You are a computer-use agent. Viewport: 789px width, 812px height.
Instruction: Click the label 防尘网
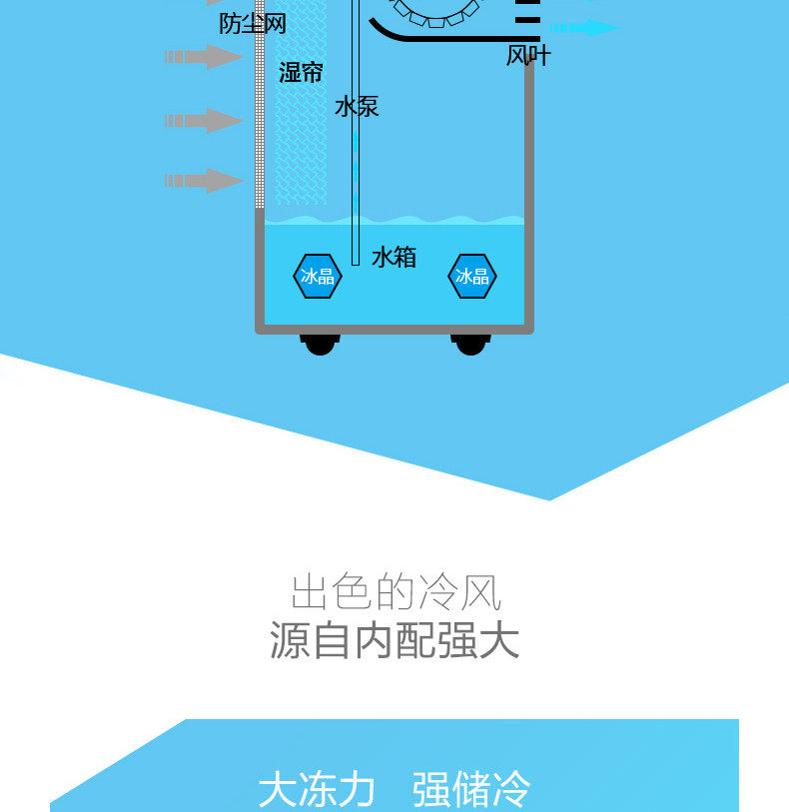[253, 23]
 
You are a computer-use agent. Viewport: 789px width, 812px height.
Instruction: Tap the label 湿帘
[301, 72]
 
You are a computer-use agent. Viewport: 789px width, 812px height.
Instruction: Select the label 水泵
[357, 107]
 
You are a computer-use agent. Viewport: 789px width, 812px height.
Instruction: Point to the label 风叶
[528, 56]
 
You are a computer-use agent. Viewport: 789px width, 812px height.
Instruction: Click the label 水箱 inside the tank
[394, 258]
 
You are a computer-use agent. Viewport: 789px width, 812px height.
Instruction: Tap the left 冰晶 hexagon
[318, 277]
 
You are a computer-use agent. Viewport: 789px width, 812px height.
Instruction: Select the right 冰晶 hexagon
[472, 277]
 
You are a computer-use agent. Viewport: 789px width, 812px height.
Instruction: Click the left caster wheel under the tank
[320, 344]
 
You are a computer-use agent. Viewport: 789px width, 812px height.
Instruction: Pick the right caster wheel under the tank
[470, 344]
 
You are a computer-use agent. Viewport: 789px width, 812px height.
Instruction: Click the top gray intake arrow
[204, 57]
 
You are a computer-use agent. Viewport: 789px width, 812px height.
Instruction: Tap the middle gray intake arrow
[204, 121]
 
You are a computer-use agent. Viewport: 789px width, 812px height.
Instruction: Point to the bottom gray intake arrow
[204, 181]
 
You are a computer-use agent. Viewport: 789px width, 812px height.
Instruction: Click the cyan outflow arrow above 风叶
[584, 27]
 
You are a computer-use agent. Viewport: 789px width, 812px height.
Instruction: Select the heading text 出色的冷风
[395, 592]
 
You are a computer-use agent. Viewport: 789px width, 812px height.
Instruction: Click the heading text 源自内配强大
[395, 641]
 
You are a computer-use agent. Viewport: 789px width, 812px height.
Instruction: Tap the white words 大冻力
[317, 789]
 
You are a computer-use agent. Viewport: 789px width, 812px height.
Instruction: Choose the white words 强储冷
[471, 789]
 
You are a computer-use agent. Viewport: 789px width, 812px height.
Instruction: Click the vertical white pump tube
[355, 150]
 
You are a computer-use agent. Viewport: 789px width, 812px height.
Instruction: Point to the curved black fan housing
[439, 37]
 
